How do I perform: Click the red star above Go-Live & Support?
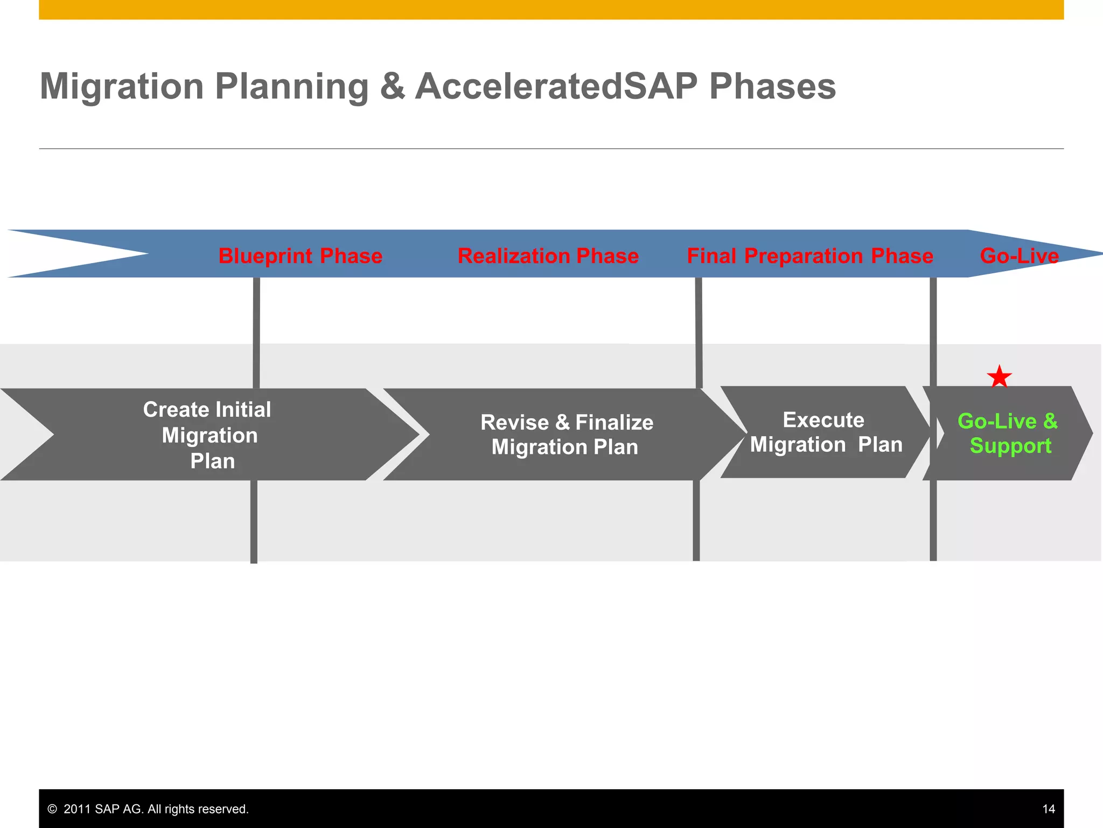[x=999, y=377]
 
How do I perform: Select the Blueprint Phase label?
[x=300, y=256]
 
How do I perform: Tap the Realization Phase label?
[x=548, y=256]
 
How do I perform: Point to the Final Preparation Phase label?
[x=809, y=256]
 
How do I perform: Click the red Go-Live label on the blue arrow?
[x=1019, y=256]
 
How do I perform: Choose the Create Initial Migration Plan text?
[x=208, y=435]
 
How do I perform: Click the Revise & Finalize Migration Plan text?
[x=566, y=434]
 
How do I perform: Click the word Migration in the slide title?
[x=122, y=86]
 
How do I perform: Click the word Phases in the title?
[x=772, y=86]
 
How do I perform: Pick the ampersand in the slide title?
[x=392, y=86]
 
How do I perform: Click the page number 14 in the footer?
[x=1048, y=809]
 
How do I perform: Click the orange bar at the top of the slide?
[x=551, y=9]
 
